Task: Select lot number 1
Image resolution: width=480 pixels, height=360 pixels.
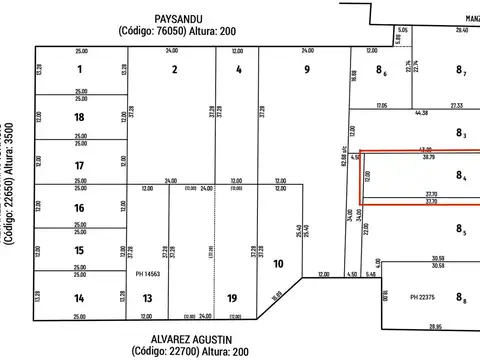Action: click(78, 70)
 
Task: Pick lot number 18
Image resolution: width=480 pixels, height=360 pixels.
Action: click(78, 117)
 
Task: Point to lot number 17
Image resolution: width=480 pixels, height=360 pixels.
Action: click(78, 164)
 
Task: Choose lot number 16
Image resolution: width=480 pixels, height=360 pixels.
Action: click(78, 208)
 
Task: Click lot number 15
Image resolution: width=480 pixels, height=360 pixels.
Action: click(78, 251)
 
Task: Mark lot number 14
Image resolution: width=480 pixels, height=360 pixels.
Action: click(78, 298)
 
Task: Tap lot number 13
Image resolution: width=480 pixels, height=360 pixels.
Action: click(147, 298)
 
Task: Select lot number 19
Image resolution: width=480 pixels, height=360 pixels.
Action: click(232, 298)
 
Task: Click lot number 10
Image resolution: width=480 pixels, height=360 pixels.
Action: click(279, 264)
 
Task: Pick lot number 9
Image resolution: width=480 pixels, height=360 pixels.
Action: click(307, 70)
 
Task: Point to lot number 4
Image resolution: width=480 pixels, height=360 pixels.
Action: click(238, 70)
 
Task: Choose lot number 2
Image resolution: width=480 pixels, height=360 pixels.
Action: click(174, 70)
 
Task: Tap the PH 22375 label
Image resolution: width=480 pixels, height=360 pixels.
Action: click(425, 296)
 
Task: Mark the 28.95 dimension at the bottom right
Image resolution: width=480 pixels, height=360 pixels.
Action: click(435, 327)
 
